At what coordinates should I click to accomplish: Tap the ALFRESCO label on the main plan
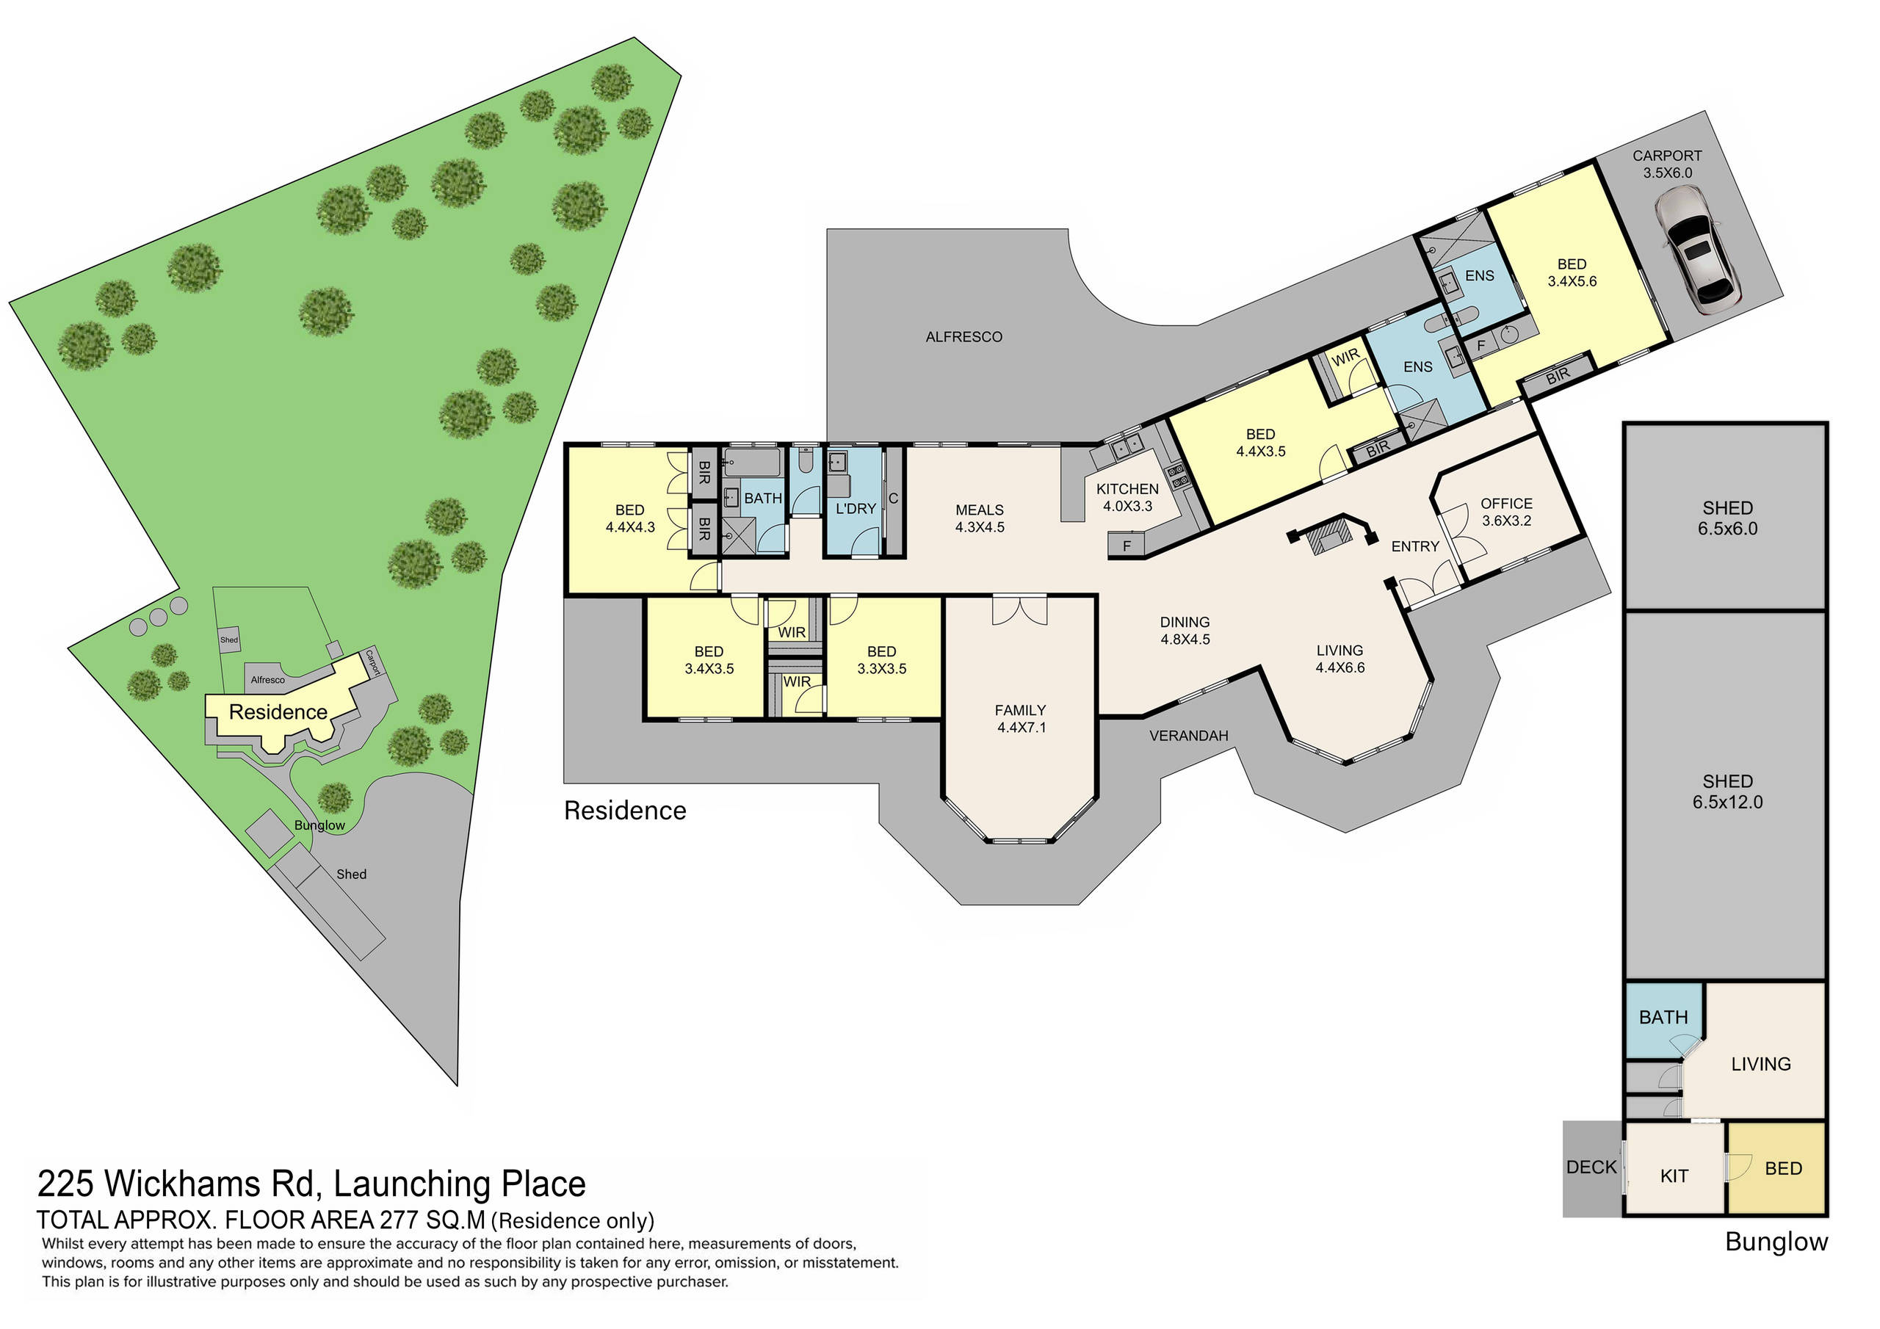pos(963,336)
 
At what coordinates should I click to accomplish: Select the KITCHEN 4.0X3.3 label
pos(1127,497)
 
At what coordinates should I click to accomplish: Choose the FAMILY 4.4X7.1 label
pos(1021,719)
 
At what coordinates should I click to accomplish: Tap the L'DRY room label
pos(856,509)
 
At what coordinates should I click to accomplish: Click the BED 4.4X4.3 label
pos(629,518)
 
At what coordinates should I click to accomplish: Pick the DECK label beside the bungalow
pos(1591,1167)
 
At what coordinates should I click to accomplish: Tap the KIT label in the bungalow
pos(1674,1176)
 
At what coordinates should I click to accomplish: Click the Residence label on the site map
pos(278,711)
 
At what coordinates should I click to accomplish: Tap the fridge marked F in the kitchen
pos(1126,546)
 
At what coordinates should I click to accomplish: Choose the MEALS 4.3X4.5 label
pos(980,518)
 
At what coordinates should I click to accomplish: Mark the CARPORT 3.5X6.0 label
pos(1666,164)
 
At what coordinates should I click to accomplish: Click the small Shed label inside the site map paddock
pos(228,640)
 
